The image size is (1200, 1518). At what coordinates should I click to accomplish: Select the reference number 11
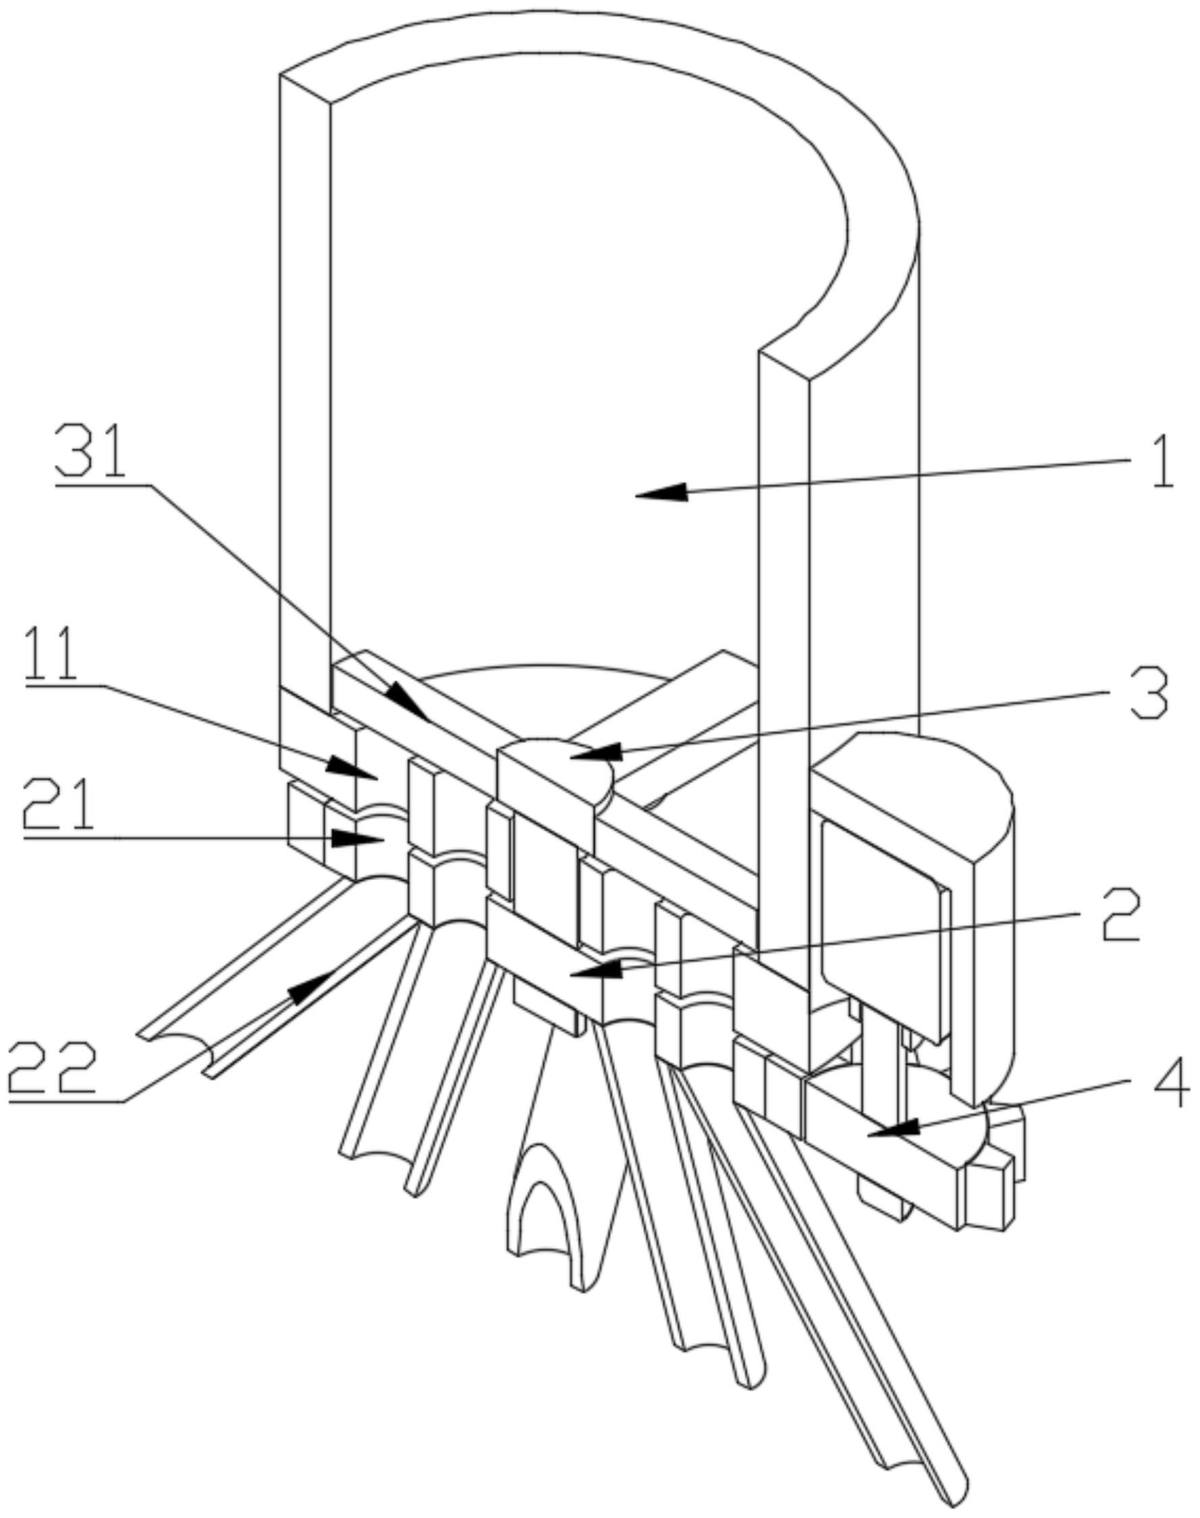[51, 655]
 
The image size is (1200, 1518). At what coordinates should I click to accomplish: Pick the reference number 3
[1147, 693]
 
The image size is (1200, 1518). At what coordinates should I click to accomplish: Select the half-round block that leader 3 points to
[555, 765]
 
